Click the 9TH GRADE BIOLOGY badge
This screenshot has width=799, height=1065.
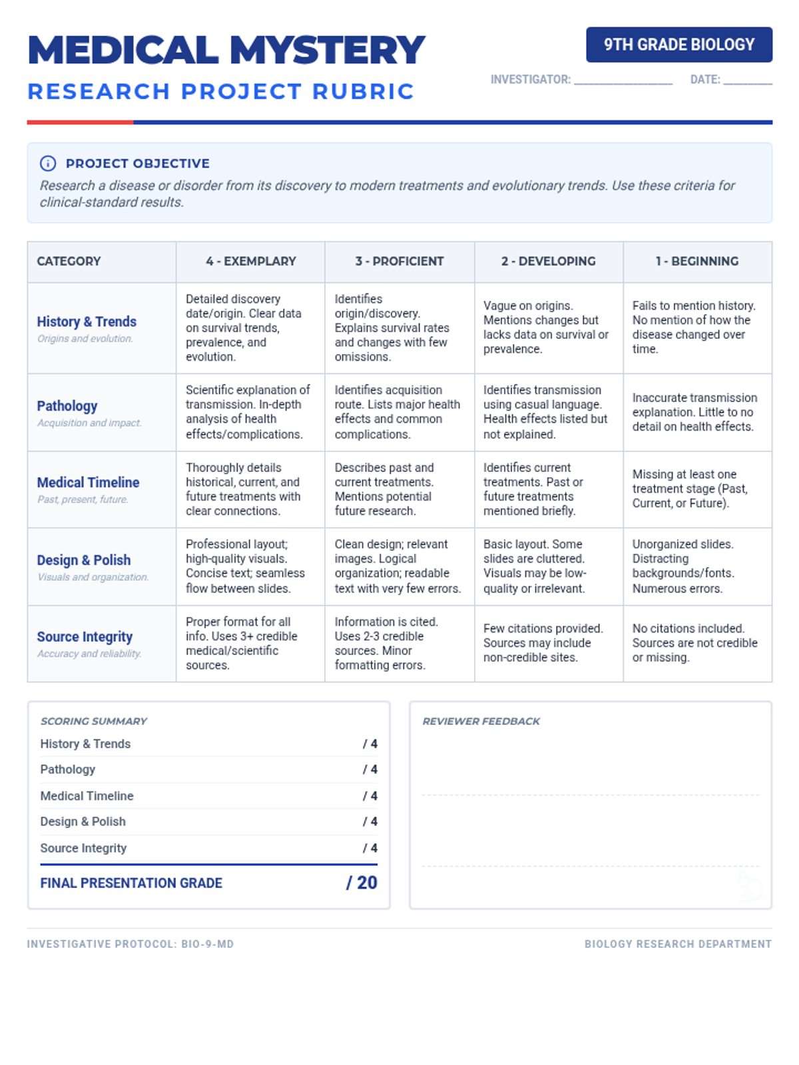click(x=679, y=45)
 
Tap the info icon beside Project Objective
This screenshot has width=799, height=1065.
click(x=48, y=163)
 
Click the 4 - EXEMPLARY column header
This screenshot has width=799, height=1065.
click(x=250, y=262)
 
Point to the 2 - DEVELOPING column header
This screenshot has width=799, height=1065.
click(x=549, y=262)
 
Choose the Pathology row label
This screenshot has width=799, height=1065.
click(x=67, y=406)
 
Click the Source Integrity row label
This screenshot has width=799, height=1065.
click(x=85, y=637)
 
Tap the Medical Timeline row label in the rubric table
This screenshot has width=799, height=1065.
click(x=88, y=483)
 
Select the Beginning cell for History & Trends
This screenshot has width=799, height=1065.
click(x=697, y=327)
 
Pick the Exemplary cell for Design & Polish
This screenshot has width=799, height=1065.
click(x=250, y=566)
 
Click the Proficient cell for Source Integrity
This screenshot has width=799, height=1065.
click(x=399, y=644)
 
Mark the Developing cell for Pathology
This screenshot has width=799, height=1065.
click(x=549, y=412)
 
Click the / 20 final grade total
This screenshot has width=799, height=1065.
click(x=362, y=883)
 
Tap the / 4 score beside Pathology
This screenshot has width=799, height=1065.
click(x=370, y=769)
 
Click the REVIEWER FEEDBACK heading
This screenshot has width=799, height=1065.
click(x=481, y=721)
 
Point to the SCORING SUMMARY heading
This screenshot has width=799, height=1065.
click(x=94, y=721)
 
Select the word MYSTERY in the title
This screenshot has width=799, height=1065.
click(x=327, y=51)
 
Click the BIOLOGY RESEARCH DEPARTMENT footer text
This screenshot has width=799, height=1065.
click(x=678, y=944)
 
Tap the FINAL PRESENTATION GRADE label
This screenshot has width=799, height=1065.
click(x=131, y=883)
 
